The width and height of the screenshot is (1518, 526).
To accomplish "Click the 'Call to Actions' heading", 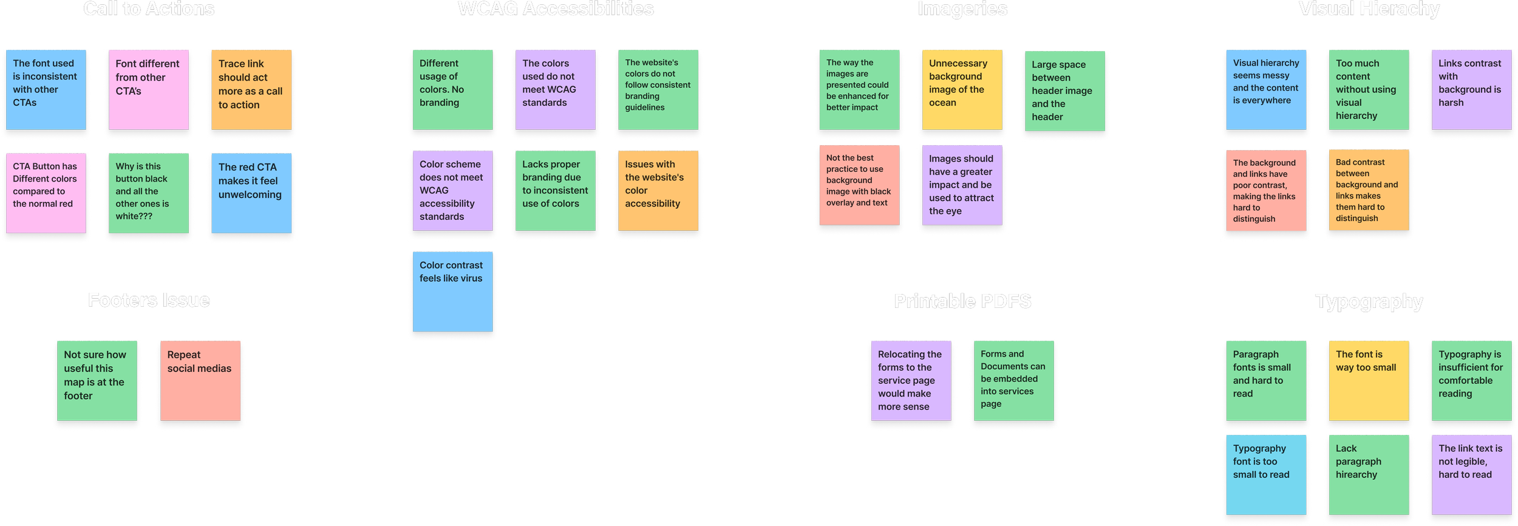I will [x=149, y=10].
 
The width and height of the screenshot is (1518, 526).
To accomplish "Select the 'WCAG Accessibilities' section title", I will [x=556, y=10].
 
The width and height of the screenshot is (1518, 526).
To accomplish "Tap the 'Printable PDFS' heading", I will [x=962, y=302].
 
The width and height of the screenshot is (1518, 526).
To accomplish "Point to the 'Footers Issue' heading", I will [x=149, y=301].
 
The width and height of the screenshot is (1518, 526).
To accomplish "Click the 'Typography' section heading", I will [x=1369, y=302].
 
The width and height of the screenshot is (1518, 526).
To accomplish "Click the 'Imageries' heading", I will [x=962, y=10].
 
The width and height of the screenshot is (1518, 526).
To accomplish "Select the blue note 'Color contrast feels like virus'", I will [x=453, y=292].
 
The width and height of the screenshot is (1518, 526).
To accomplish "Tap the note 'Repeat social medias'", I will [x=200, y=381].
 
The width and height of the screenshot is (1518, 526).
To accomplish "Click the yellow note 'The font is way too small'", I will [x=1369, y=381].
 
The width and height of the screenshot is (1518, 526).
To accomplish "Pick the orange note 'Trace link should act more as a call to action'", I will [x=251, y=90].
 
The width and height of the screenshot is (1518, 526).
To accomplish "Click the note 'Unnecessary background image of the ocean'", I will [x=962, y=90].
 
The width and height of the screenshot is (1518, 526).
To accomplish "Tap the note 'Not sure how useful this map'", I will [x=97, y=381].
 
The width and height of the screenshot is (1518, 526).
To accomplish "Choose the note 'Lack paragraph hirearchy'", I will [x=1369, y=474].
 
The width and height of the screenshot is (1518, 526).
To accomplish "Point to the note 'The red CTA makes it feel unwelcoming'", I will [x=251, y=193].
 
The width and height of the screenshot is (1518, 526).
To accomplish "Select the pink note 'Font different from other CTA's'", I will [x=149, y=90].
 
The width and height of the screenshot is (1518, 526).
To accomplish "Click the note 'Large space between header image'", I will [x=1064, y=91].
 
